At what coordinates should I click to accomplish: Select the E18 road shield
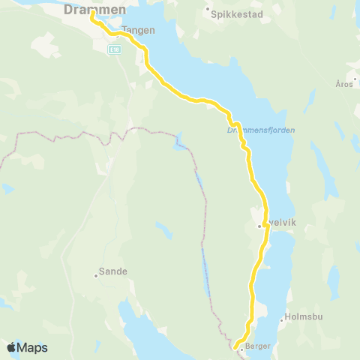tap(114, 49)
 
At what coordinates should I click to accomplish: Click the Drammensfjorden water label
tap(260, 130)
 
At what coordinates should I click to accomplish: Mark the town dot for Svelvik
tap(259, 225)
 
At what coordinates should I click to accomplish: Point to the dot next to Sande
tap(97, 274)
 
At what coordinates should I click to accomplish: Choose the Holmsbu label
tap(303, 318)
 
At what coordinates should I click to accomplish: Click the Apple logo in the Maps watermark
tap(12, 347)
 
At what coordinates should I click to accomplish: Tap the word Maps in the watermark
tap(33, 347)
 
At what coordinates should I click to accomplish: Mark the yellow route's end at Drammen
tap(91, 12)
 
